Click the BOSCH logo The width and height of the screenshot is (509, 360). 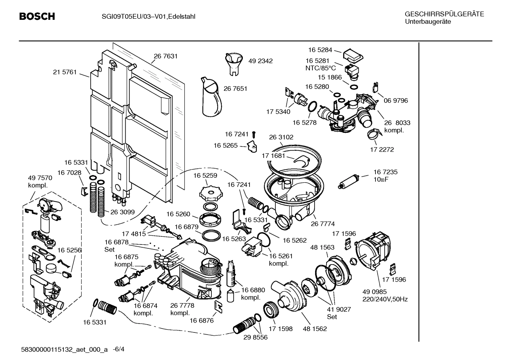[37, 16]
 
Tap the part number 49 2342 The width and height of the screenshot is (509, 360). [260, 61]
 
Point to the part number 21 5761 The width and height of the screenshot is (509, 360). [65, 72]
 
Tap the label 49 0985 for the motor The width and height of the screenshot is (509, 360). [375, 292]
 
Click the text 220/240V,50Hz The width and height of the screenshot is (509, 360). [385, 299]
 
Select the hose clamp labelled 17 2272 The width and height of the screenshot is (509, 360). [373, 134]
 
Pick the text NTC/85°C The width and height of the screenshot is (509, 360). [321, 68]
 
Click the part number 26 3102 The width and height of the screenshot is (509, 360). [281, 137]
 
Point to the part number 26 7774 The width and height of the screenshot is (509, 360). [322, 224]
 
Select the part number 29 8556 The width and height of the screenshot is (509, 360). [255, 337]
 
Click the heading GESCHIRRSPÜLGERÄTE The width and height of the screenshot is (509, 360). [444, 14]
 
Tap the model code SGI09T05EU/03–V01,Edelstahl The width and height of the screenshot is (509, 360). [146, 16]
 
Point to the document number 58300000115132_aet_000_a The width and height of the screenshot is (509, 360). [65, 349]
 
